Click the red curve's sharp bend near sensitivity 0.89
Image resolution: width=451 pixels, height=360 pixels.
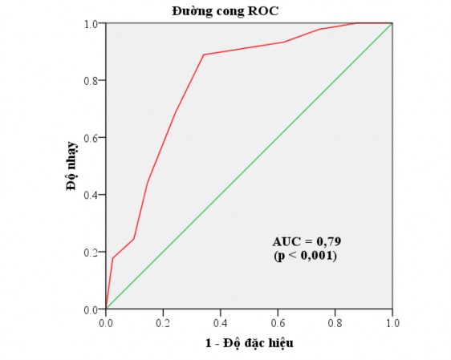(204, 55)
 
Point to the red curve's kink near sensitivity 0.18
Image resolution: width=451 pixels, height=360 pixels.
(113, 257)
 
